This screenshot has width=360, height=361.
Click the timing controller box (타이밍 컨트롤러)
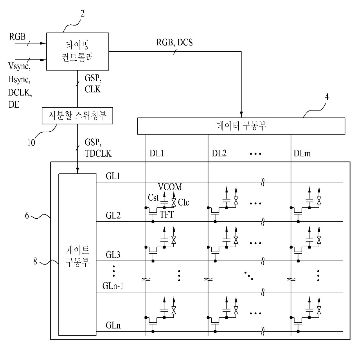tap(78, 52)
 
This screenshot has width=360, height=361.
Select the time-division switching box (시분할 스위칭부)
tap(77, 116)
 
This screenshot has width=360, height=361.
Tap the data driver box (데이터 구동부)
tap(241, 126)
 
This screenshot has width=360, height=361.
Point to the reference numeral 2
tap(82, 14)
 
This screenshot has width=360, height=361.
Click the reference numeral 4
tap(327, 97)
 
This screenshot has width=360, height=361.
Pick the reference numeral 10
tap(31, 143)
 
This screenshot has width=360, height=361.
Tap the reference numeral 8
tap(35, 261)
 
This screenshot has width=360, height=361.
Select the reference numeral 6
tap(27, 215)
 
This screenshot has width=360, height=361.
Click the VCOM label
tap(170, 187)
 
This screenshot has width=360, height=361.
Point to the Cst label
tap(153, 197)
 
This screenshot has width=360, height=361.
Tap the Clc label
tap(183, 202)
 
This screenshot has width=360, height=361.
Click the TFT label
tap(167, 214)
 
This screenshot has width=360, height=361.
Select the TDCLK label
tap(98, 153)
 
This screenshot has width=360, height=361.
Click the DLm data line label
tap(302, 153)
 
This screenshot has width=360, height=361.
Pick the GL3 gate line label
tap(113, 255)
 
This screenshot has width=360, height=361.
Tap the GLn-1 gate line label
tap(113, 286)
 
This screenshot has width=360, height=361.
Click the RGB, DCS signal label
tap(174, 42)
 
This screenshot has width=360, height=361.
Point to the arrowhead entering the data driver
tap(241, 115)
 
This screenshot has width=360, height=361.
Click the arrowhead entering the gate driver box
tap(78, 170)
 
